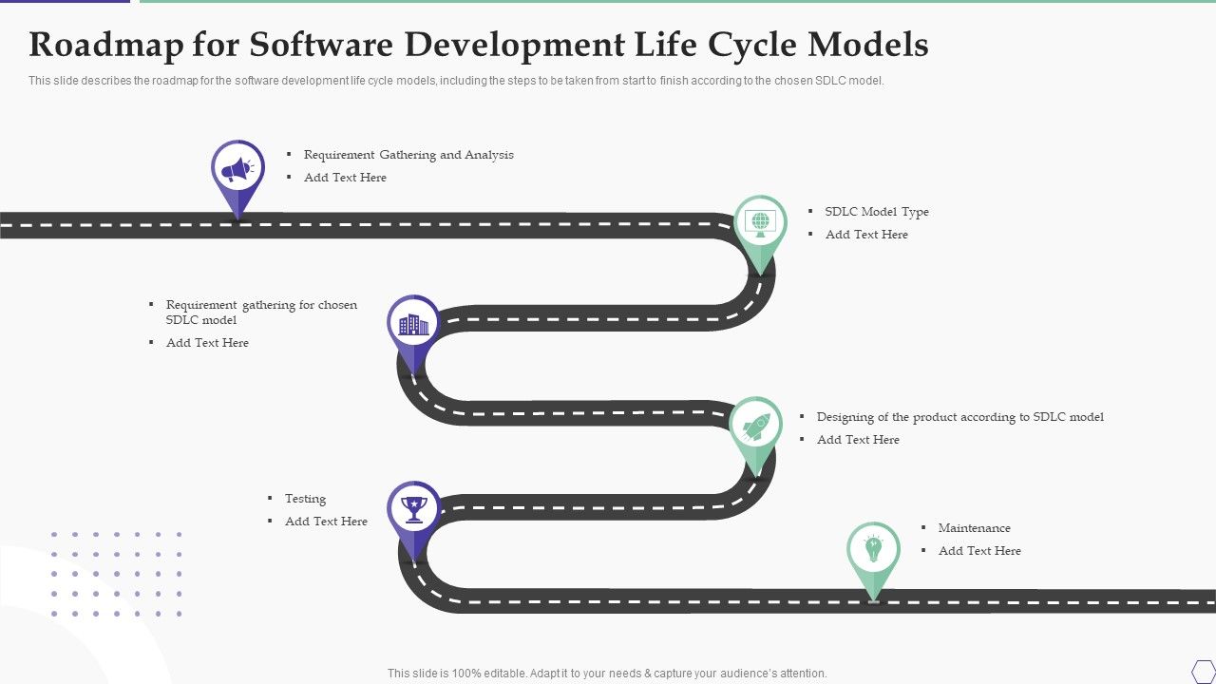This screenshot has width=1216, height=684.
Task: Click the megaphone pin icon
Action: [x=237, y=171]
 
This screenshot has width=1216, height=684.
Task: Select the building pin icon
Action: [x=413, y=324]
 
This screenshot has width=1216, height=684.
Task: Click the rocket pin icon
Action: [x=755, y=426]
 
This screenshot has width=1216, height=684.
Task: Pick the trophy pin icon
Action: [x=413, y=509]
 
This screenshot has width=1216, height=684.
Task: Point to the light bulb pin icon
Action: [x=873, y=549]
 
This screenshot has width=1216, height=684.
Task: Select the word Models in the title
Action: [x=867, y=45]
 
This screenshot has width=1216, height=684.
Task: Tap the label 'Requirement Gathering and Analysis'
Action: [x=408, y=155]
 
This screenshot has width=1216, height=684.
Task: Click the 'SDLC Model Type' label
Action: [x=877, y=212]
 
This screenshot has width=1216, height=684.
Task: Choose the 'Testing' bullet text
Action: [x=305, y=499]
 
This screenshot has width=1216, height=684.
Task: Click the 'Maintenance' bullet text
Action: [x=974, y=528]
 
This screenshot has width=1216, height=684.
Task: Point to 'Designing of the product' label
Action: [x=959, y=417]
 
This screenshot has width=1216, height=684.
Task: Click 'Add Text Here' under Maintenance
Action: [x=979, y=551]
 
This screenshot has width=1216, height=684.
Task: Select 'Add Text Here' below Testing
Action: [x=326, y=522]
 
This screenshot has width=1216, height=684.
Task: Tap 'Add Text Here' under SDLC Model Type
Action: [x=866, y=235]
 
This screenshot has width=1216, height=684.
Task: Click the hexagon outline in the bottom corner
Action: [x=1203, y=671]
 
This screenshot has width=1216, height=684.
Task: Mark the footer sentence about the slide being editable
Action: [x=607, y=674]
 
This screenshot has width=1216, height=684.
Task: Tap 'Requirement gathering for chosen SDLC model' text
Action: [x=261, y=313]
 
